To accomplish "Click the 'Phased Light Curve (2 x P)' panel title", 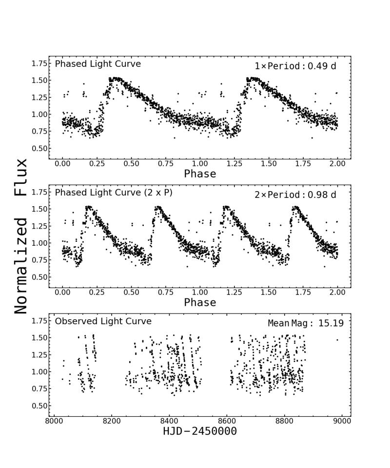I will click(114, 193).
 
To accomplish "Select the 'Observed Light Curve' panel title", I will click(103, 321).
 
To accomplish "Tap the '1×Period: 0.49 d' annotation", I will click(295, 66).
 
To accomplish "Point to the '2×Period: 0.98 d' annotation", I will click(295, 195).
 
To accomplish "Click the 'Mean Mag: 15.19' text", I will click(302, 323).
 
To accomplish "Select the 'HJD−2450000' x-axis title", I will click(200, 431).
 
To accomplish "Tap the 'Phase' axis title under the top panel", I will click(200, 174).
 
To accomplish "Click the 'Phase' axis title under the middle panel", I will click(200, 302).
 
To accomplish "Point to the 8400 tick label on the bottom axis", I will click(169, 420).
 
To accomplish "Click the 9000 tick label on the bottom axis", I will click(342, 420).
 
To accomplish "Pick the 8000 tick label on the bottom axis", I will click(54, 420).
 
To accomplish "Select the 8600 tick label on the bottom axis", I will click(227, 420).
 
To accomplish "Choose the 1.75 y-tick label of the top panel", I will click(40, 63).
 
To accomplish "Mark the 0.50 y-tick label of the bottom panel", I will click(40, 406).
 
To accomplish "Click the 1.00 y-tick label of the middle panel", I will click(40, 243).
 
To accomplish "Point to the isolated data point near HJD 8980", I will click(337, 340).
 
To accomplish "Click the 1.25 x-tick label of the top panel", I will click(234, 163).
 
